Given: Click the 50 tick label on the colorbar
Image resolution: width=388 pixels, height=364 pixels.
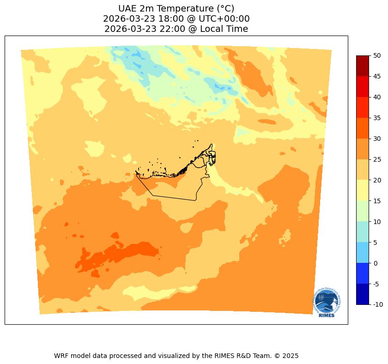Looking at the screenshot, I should pyautogui.click(x=377, y=55).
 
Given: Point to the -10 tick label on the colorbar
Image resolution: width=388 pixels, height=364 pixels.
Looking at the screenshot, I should pyautogui.click(x=378, y=305).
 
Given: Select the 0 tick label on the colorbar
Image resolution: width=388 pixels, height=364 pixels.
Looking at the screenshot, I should pyautogui.click(x=375, y=263).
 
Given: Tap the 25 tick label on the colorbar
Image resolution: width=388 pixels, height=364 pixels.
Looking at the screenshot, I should pyautogui.click(x=377, y=159).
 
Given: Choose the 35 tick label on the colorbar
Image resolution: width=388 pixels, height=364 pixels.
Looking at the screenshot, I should pyautogui.click(x=377, y=118).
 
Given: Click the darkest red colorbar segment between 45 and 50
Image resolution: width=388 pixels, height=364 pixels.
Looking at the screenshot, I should pyautogui.click(x=363, y=66).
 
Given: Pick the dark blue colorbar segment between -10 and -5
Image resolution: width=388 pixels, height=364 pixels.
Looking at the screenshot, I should pyautogui.click(x=363, y=294).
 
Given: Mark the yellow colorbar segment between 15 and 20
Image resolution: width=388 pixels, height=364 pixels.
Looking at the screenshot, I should pyautogui.click(x=363, y=190).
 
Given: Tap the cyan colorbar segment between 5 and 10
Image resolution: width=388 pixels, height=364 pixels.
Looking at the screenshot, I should pyautogui.click(x=363, y=232).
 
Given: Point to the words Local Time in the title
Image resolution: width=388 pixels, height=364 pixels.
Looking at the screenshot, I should pyautogui.click(x=224, y=29).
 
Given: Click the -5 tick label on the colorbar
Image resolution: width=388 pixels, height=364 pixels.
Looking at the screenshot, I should pyautogui.click(x=377, y=284).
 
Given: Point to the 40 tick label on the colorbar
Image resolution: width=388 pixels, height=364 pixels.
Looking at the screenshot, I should pyautogui.click(x=377, y=97).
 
